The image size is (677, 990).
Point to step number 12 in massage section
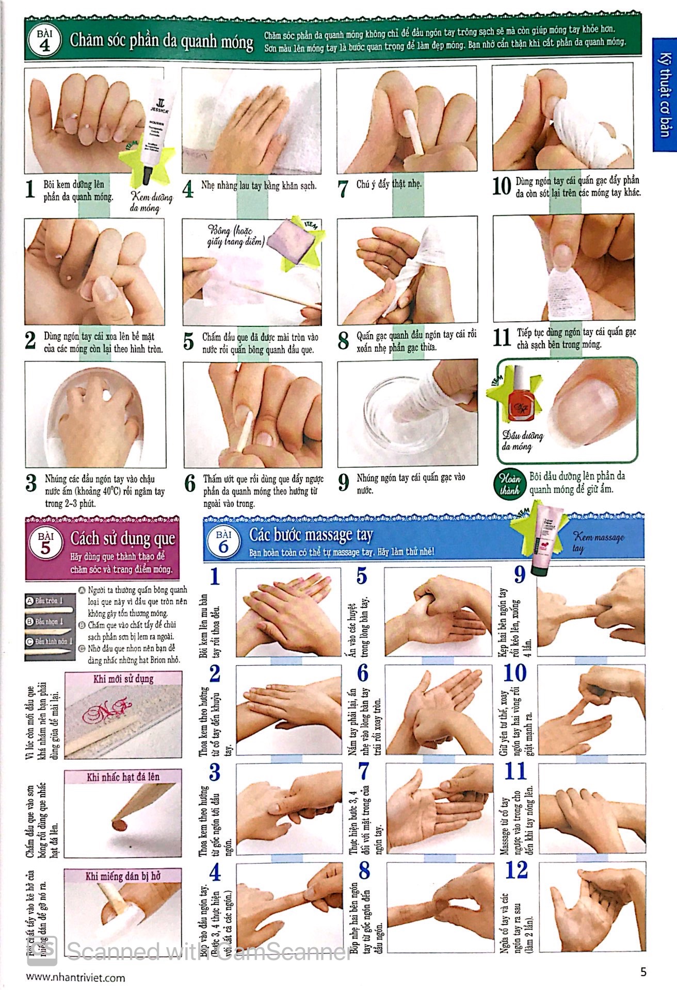tap(517, 871)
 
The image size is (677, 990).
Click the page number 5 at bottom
tap(642, 972)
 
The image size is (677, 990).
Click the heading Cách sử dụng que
tap(122, 539)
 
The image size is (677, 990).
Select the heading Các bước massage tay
tap(311, 535)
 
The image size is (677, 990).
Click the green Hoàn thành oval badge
tap(509, 484)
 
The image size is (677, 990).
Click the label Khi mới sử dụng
tap(123, 679)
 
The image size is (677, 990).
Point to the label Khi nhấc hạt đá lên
tap(123, 777)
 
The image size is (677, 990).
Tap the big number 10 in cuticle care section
tap(501, 187)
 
